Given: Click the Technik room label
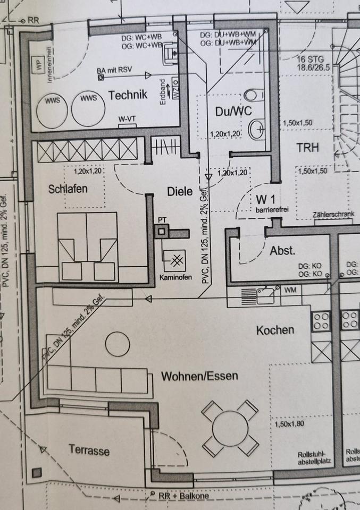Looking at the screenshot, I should click(x=127, y=95).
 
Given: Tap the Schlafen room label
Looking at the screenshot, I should click(x=68, y=189).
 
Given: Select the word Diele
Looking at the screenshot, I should click(x=179, y=192).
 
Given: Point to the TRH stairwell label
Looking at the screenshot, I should click(x=308, y=147).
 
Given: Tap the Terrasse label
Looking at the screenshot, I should click(x=89, y=450).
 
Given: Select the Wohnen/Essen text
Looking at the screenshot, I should click(x=199, y=377).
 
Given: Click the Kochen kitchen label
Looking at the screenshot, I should click(x=275, y=330).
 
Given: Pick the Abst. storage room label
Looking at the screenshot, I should click(x=282, y=251).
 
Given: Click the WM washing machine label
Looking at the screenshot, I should click(x=290, y=291).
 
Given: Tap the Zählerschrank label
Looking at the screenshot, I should click(x=333, y=215).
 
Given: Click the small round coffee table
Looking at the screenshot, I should click(x=118, y=345).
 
